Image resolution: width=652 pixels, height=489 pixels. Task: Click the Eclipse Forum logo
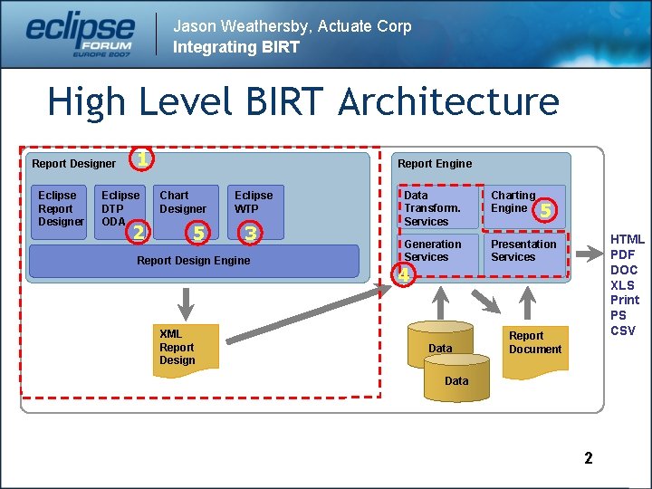click(x=80, y=34)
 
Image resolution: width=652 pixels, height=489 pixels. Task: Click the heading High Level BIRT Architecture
click(x=302, y=101)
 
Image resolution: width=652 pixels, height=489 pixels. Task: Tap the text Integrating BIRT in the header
click(x=235, y=47)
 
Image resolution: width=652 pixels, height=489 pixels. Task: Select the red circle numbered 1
click(x=140, y=159)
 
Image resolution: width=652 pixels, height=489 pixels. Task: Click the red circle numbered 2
click(x=137, y=233)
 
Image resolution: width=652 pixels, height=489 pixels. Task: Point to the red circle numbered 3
click(x=251, y=234)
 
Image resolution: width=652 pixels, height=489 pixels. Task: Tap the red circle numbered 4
click(x=405, y=274)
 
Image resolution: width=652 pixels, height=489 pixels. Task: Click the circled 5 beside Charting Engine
click(x=545, y=211)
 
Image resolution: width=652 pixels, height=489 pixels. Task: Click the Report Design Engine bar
click(x=193, y=261)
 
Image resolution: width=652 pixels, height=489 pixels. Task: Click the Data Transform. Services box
click(x=440, y=207)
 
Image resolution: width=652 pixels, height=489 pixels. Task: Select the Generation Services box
click(x=440, y=253)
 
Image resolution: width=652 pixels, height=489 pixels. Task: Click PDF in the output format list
click(x=623, y=255)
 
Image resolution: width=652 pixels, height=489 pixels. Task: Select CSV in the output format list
click(x=623, y=331)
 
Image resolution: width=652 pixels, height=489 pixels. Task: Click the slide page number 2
click(x=589, y=458)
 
